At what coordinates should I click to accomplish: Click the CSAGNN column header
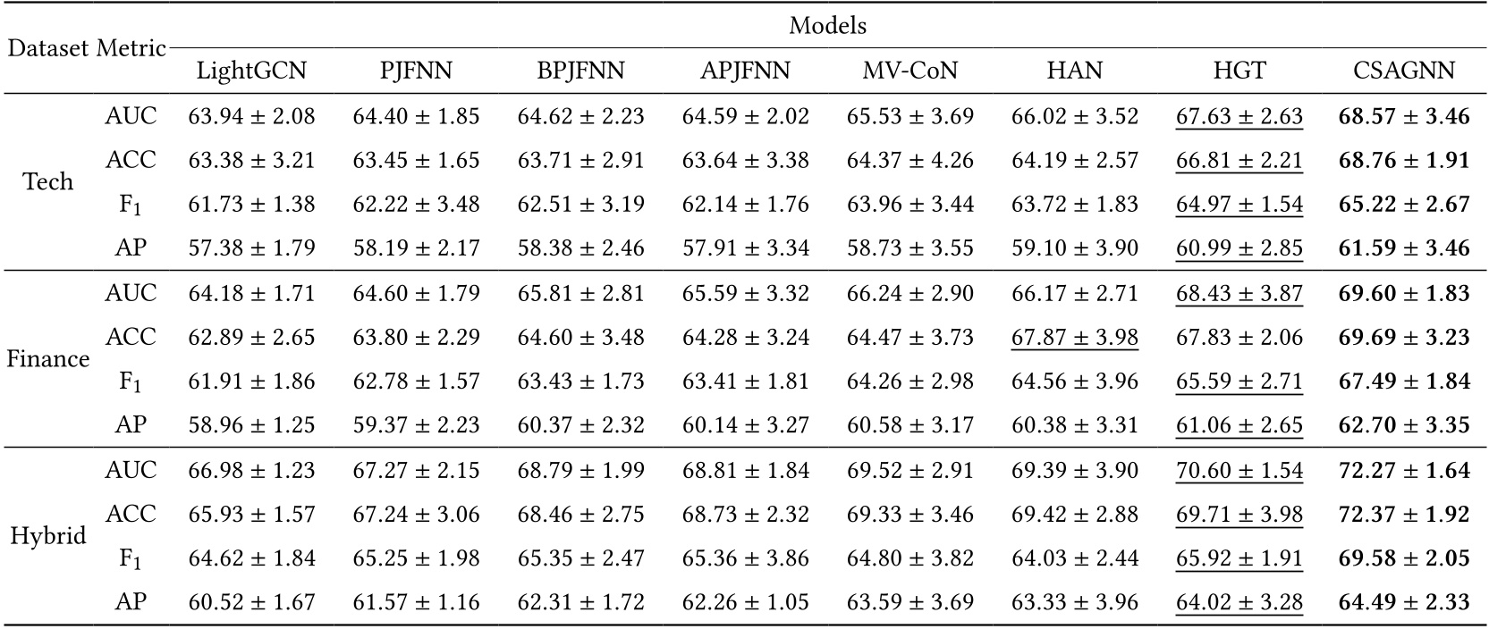point(1404,71)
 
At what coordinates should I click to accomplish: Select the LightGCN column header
point(251,71)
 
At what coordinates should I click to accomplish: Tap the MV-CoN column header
point(909,71)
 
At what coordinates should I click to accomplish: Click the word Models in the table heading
point(827,26)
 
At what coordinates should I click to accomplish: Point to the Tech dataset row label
point(47,182)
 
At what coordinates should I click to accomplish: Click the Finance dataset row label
point(47,359)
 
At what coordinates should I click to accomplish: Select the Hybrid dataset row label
point(47,536)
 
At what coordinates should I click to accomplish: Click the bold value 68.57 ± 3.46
point(1404,116)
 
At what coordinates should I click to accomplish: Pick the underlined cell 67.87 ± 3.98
point(1074,338)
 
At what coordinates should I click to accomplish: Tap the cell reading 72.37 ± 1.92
point(1404,515)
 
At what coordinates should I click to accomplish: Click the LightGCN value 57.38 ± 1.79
point(251,248)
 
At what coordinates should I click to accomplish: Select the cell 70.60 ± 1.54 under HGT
point(1239,470)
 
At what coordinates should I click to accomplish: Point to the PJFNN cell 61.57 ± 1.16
point(416,603)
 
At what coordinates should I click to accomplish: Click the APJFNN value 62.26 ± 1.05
point(745,603)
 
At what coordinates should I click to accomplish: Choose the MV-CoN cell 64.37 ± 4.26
point(909,161)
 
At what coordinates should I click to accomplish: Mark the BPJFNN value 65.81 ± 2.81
point(580,293)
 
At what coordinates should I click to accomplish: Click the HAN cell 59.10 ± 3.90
point(1074,248)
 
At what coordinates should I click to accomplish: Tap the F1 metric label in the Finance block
point(131,382)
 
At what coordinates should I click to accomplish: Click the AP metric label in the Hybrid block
point(131,603)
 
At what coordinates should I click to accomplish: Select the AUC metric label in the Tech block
point(131,116)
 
